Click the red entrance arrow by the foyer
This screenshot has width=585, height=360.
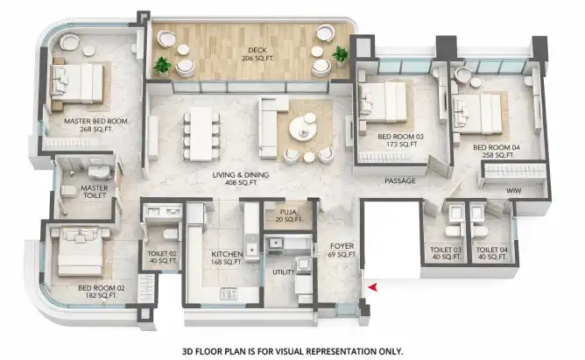[x=373, y=287]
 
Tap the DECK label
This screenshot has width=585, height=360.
[x=257, y=50]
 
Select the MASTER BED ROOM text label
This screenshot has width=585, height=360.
[x=95, y=121]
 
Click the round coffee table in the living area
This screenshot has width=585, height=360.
[x=303, y=129]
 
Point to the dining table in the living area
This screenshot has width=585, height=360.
[x=201, y=134]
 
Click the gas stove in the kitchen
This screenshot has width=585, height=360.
[x=229, y=293]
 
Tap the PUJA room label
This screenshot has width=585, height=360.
[x=288, y=212]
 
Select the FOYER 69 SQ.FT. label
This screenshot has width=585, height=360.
[x=342, y=250]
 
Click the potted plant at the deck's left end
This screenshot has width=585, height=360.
[x=162, y=66]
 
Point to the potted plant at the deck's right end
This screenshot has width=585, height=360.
[x=341, y=55]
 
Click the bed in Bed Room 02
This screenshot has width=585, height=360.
[x=81, y=251]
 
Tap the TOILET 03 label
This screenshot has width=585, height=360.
[x=446, y=250]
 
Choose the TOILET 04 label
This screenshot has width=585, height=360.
[x=491, y=250]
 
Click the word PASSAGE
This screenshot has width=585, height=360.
[x=400, y=181]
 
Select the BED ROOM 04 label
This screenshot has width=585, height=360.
[x=497, y=151]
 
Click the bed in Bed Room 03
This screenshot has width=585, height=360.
[x=383, y=102]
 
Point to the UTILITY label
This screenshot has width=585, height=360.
[x=284, y=272]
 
